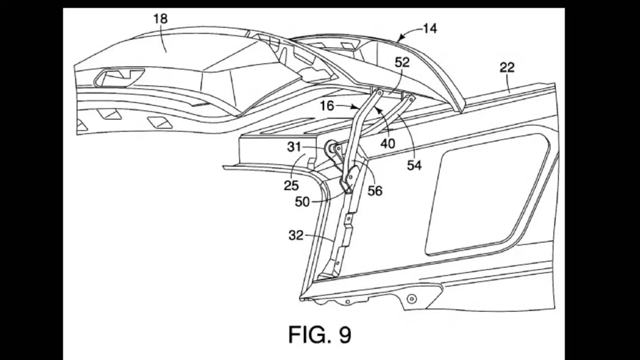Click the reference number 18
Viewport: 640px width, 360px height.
click(x=160, y=19)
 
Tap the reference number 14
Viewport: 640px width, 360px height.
click(x=430, y=28)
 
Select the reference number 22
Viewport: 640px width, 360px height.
click(x=507, y=67)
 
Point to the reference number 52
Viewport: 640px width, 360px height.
click(x=402, y=62)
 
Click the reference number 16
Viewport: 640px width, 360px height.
click(x=327, y=106)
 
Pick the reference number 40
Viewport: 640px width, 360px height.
click(x=388, y=143)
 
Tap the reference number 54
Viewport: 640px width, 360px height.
click(x=414, y=165)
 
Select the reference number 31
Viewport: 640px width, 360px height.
click(x=294, y=147)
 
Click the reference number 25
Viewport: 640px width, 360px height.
click(x=291, y=185)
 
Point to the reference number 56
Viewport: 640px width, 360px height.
click(x=375, y=191)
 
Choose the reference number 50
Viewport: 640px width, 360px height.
click(x=302, y=202)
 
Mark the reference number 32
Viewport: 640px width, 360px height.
click(x=296, y=235)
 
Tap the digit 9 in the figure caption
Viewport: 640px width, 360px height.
click(x=345, y=334)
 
